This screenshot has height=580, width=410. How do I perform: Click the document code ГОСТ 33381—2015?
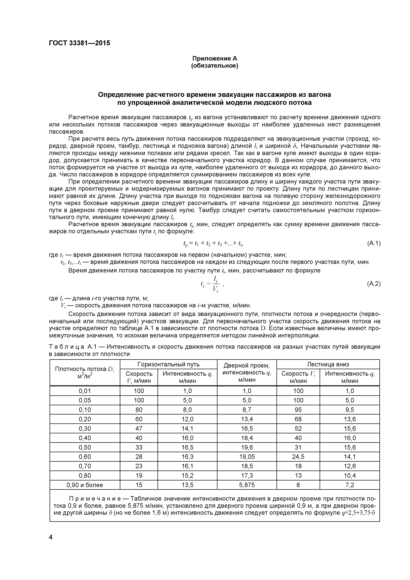[79, 43]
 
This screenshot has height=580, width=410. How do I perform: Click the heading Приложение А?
[215, 59]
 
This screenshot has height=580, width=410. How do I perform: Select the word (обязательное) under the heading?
[215, 66]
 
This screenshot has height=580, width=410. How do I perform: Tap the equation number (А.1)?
[373, 243]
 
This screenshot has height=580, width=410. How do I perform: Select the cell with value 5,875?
[247, 485]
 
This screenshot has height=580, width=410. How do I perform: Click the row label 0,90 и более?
[85, 485]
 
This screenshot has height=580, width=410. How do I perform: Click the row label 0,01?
[85, 391]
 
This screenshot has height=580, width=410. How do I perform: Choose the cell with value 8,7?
[247, 410]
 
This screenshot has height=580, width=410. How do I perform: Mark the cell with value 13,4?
[247, 419]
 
